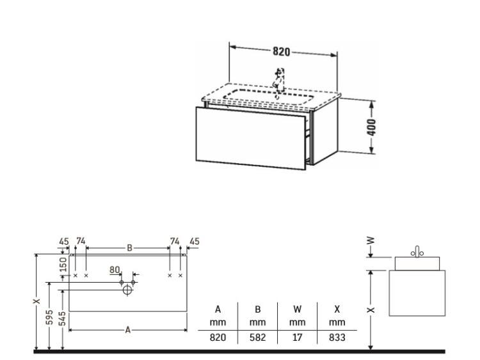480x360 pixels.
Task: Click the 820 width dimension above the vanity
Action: pos(281,52)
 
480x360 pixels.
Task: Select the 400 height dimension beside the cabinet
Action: pos(371,127)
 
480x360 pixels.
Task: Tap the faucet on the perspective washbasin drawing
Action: pos(279,80)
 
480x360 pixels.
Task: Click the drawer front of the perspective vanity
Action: pos(251,137)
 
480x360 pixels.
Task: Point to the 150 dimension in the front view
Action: pos(63,265)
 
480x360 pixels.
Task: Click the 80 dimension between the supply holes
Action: pos(115,270)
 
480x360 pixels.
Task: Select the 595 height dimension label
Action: pos(49,317)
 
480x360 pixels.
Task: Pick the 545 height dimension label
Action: pos(63,318)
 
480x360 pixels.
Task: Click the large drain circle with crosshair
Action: pos(127,290)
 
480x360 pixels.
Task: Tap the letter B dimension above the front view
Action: pos(129,248)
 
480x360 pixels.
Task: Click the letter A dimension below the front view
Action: pos(128,330)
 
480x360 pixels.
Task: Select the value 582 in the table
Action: pos(257,338)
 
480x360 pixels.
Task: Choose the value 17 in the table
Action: pos(297,338)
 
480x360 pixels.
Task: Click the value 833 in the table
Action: pos(337,338)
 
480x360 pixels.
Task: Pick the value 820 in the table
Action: pos(218,338)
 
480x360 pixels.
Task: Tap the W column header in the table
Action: pos(297,309)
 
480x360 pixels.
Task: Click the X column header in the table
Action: pos(337,309)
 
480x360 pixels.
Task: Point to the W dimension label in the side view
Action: pos(371,240)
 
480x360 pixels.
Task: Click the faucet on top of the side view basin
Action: pos(417,251)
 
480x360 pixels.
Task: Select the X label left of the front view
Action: pos(36,301)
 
